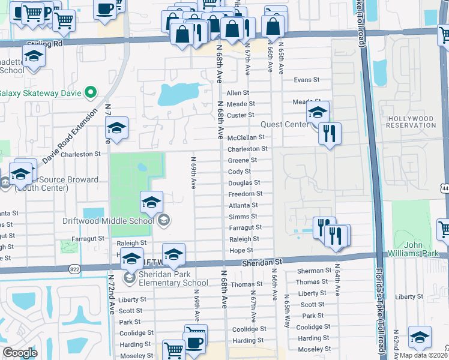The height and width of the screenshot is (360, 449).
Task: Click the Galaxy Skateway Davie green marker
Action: (x=91, y=92)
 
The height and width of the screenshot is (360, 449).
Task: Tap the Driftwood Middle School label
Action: (x=108, y=220)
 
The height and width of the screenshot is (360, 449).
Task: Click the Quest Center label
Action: (x=283, y=125)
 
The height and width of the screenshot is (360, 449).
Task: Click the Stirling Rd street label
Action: (x=45, y=44)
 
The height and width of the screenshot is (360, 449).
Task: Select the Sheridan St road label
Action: (x=262, y=263)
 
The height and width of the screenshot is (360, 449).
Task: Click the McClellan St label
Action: (x=246, y=137)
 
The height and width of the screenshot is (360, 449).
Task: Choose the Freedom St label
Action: (x=246, y=194)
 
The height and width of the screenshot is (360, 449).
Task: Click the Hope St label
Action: (x=241, y=250)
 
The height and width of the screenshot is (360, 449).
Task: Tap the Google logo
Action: (x=20, y=352)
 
